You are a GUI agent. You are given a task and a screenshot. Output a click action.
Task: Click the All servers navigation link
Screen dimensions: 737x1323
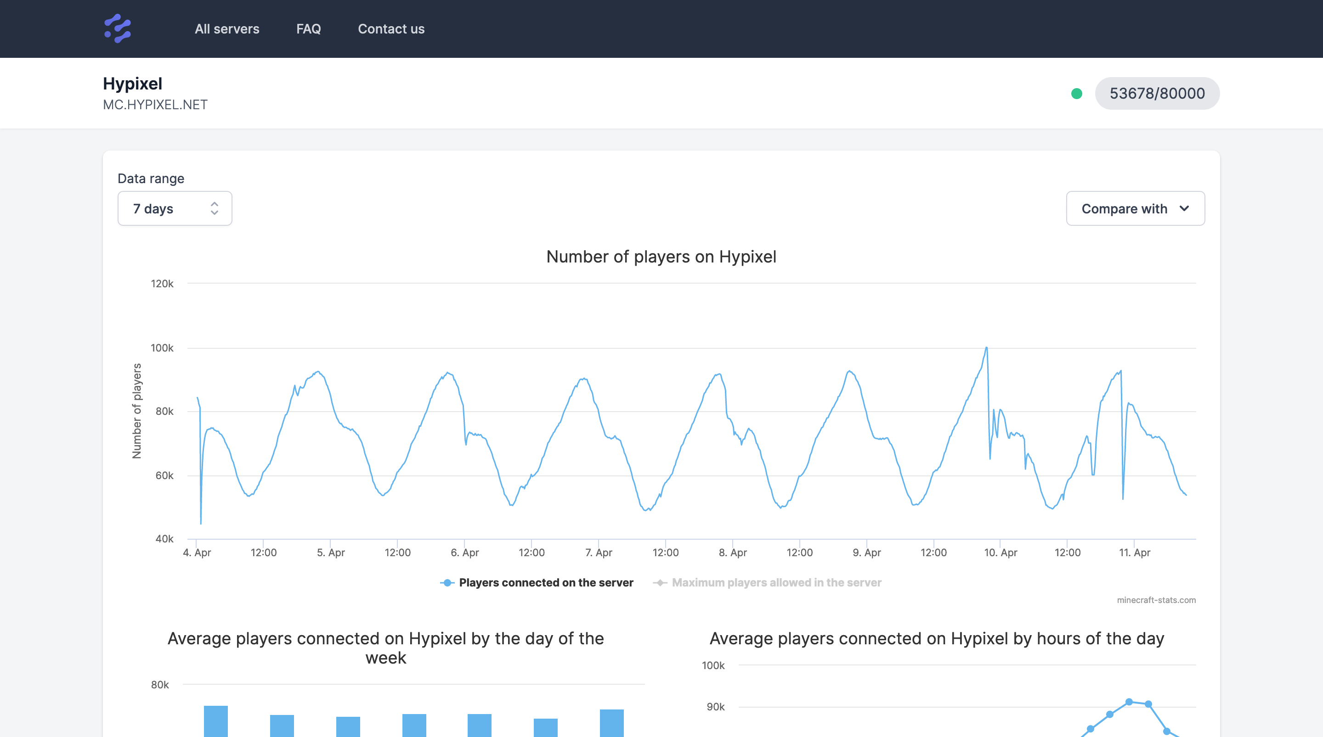click(x=226, y=29)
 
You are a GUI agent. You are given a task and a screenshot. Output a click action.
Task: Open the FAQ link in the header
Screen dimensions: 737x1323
click(x=308, y=29)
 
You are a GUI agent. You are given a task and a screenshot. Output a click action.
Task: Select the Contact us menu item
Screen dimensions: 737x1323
click(x=391, y=29)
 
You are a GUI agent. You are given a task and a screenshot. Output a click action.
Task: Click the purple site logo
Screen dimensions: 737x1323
click(x=118, y=29)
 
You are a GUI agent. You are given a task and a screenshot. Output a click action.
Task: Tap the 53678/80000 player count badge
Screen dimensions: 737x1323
click(x=1157, y=94)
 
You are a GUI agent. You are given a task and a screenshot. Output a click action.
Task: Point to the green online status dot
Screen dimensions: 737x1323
click(x=1076, y=94)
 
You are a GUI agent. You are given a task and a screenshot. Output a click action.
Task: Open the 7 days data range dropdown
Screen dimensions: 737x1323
click(x=175, y=208)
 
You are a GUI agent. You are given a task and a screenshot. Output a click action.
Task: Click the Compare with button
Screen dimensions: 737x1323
click(x=1135, y=208)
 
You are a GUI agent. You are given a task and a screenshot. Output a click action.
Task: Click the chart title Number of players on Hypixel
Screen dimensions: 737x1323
click(x=661, y=257)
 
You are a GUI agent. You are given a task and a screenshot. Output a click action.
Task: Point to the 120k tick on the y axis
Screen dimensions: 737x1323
click(x=162, y=284)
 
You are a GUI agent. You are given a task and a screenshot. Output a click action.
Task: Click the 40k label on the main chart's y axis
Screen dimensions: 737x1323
click(x=164, y=539)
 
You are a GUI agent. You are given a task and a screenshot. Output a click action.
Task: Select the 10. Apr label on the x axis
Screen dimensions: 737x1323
click(x=1000, y=553)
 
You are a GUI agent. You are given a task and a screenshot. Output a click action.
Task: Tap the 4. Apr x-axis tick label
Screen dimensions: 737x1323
click(x=197, y=553)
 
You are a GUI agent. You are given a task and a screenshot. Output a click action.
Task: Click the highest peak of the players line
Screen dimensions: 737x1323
click(x=986, y=348)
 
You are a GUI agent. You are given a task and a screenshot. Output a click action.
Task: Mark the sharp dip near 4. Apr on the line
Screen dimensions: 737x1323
click(x=201, y=523)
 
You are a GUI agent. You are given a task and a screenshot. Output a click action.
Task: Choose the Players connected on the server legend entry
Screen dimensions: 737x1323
click(x=545, y=582)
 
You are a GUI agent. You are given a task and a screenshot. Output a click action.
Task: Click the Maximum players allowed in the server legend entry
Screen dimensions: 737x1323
click(x=776, y=582)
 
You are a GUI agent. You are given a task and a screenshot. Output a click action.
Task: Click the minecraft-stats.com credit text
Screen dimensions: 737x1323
click(x=1156, y=600)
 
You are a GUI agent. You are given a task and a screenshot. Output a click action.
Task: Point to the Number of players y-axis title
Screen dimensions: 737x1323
click(x=136, y=411)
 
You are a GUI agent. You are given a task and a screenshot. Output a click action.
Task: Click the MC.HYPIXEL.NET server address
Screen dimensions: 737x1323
click(x=155, y=105)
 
